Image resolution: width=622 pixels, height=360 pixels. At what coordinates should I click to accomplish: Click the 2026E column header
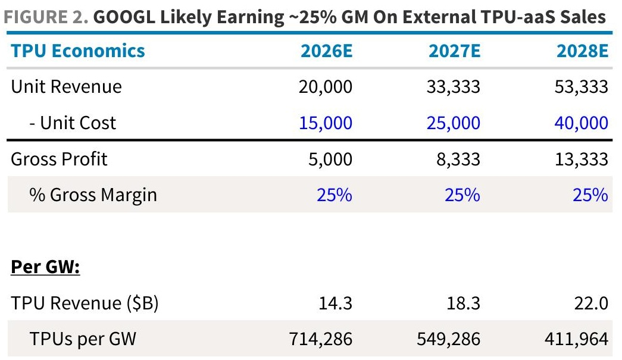(x=326, y=51)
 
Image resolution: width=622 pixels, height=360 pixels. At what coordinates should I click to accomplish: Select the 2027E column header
(x=455, y=51)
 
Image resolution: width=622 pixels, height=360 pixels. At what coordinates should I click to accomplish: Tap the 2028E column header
(x=582, y=51)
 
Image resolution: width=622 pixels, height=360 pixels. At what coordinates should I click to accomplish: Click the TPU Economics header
(x=78, y=51)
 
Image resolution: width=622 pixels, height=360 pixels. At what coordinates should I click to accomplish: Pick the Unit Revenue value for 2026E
(x=326, y=87)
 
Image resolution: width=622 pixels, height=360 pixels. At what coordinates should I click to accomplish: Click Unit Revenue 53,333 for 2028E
(x=582, y=87)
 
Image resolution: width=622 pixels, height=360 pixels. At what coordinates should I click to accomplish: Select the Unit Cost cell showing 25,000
(x=454, y=123)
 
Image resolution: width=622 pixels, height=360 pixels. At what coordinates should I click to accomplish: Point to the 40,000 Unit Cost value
(x=582, y=123)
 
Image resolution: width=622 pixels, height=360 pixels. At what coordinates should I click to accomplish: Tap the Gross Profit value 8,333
(x=458, y=159)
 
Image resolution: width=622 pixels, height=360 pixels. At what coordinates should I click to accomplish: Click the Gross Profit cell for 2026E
(x=330, y=159)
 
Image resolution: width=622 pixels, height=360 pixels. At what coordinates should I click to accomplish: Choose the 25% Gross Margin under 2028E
(x=590, y=195)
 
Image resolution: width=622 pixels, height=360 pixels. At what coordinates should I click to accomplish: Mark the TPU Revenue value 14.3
(x=336, y=303)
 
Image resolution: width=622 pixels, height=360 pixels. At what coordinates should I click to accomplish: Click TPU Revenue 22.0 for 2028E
(x=591, y=303)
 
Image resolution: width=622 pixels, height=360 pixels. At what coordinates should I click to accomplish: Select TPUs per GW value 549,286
(x=449, y=339)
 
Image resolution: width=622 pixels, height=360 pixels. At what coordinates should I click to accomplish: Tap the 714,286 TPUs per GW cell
(x=320, y=339)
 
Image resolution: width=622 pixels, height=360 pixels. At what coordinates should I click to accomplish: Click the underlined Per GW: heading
(x=45, y=267)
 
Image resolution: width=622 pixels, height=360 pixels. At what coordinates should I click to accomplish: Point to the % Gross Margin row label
(x=93, y=195)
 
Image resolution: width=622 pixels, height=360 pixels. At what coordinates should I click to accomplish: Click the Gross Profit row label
(x=59, y=159)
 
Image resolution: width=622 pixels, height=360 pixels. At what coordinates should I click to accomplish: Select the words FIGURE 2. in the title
(x=46, y=17)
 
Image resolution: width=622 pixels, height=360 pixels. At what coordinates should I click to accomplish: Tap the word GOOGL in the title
(x=124, y=17)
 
